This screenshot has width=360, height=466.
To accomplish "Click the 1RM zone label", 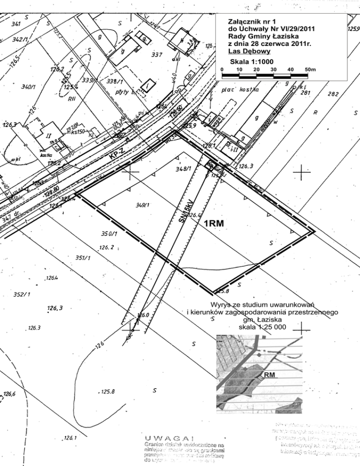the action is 214,224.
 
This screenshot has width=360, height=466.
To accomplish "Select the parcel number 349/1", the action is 142,205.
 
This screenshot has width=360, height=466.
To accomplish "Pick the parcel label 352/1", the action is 22,294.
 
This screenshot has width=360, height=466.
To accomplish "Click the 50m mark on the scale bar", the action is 310,69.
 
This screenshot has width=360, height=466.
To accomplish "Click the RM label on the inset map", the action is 269,375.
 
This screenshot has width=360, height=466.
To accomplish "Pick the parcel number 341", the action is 16,23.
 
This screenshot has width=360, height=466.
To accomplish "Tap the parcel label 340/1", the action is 30,87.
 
